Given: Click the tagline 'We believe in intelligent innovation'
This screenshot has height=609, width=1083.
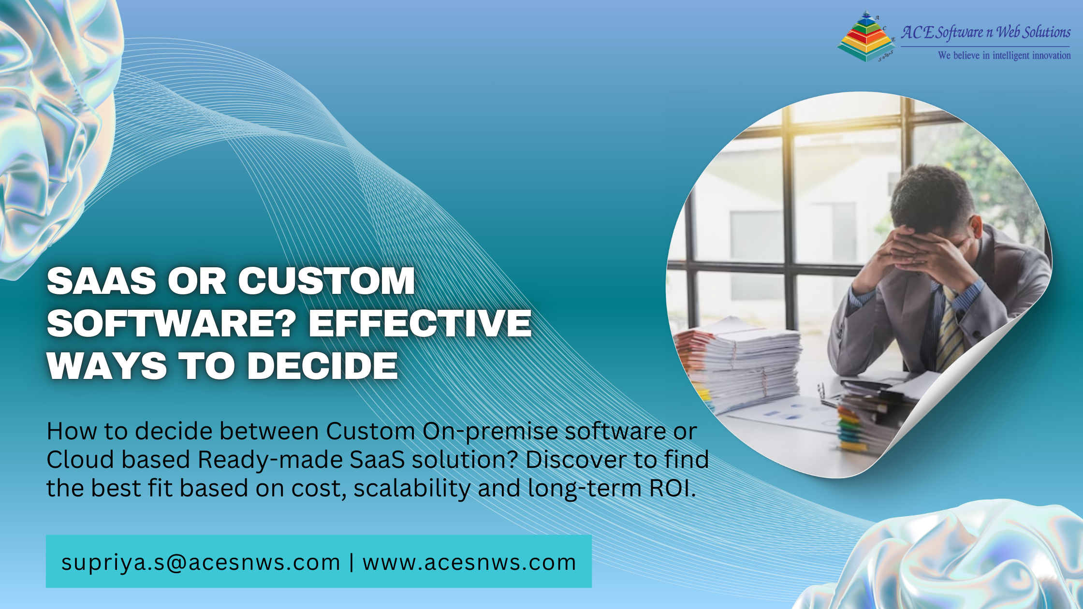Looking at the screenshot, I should (1004, 56).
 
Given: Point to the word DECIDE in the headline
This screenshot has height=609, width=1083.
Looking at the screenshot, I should (322, 365).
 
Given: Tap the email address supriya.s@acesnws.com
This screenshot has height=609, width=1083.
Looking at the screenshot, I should (201, 563).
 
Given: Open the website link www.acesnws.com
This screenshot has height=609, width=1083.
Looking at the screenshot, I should (469, 563).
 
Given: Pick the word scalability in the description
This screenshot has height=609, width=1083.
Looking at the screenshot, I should (412, 488).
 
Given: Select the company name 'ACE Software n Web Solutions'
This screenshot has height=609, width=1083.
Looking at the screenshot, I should (985, 32).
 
